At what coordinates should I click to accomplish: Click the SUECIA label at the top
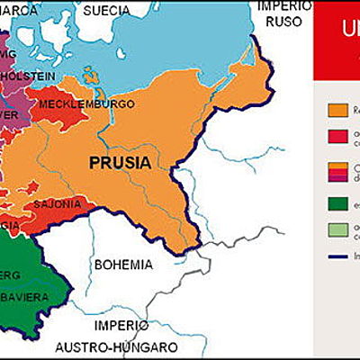point(107,12)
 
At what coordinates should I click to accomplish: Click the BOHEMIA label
point(123,265)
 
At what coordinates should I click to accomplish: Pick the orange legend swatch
point(337,109)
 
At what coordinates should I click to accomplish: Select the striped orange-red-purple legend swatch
point(337,171)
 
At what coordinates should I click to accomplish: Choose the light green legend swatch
point(337,230)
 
